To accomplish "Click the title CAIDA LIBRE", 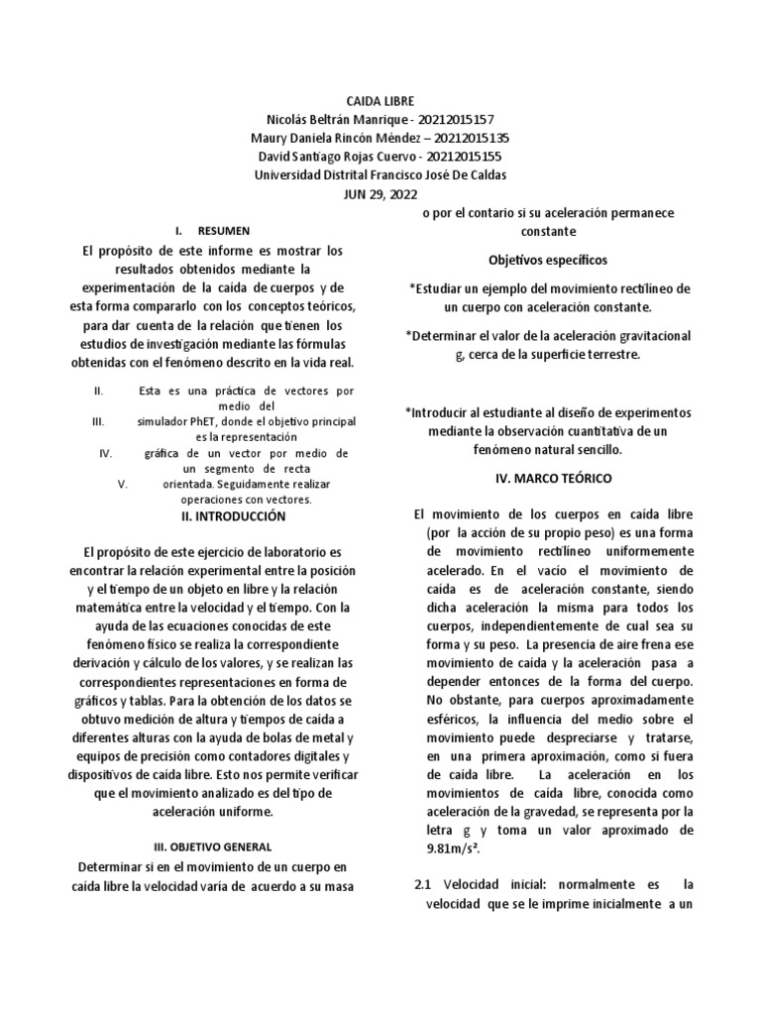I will (380, 101).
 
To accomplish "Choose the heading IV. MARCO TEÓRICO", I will (554, 478).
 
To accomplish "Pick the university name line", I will (380, 175).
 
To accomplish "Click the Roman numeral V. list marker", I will (123, 484).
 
